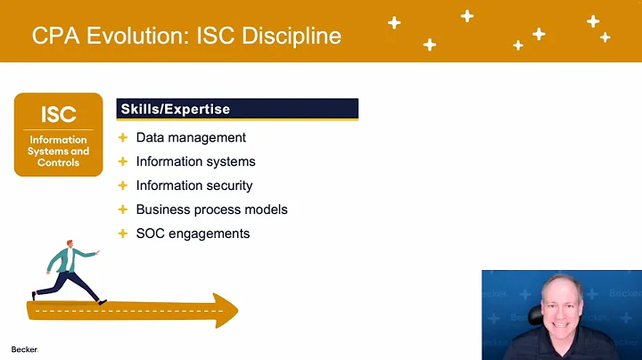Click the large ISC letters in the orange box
click(x=58, y=114)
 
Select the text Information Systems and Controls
click(x=58, y=151)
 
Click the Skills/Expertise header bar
click(x=237, y=109)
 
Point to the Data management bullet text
click(x=191, y=137)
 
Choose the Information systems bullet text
click(x=195, y=161)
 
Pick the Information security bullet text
click(x=194, y=185)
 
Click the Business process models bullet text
click(x=211, y=209)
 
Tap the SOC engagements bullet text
click(x=193, y=233)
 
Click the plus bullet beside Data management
click(x=123, y=137)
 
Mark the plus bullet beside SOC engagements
click(x=123, y=233)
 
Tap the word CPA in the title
click(x=51, y=36)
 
